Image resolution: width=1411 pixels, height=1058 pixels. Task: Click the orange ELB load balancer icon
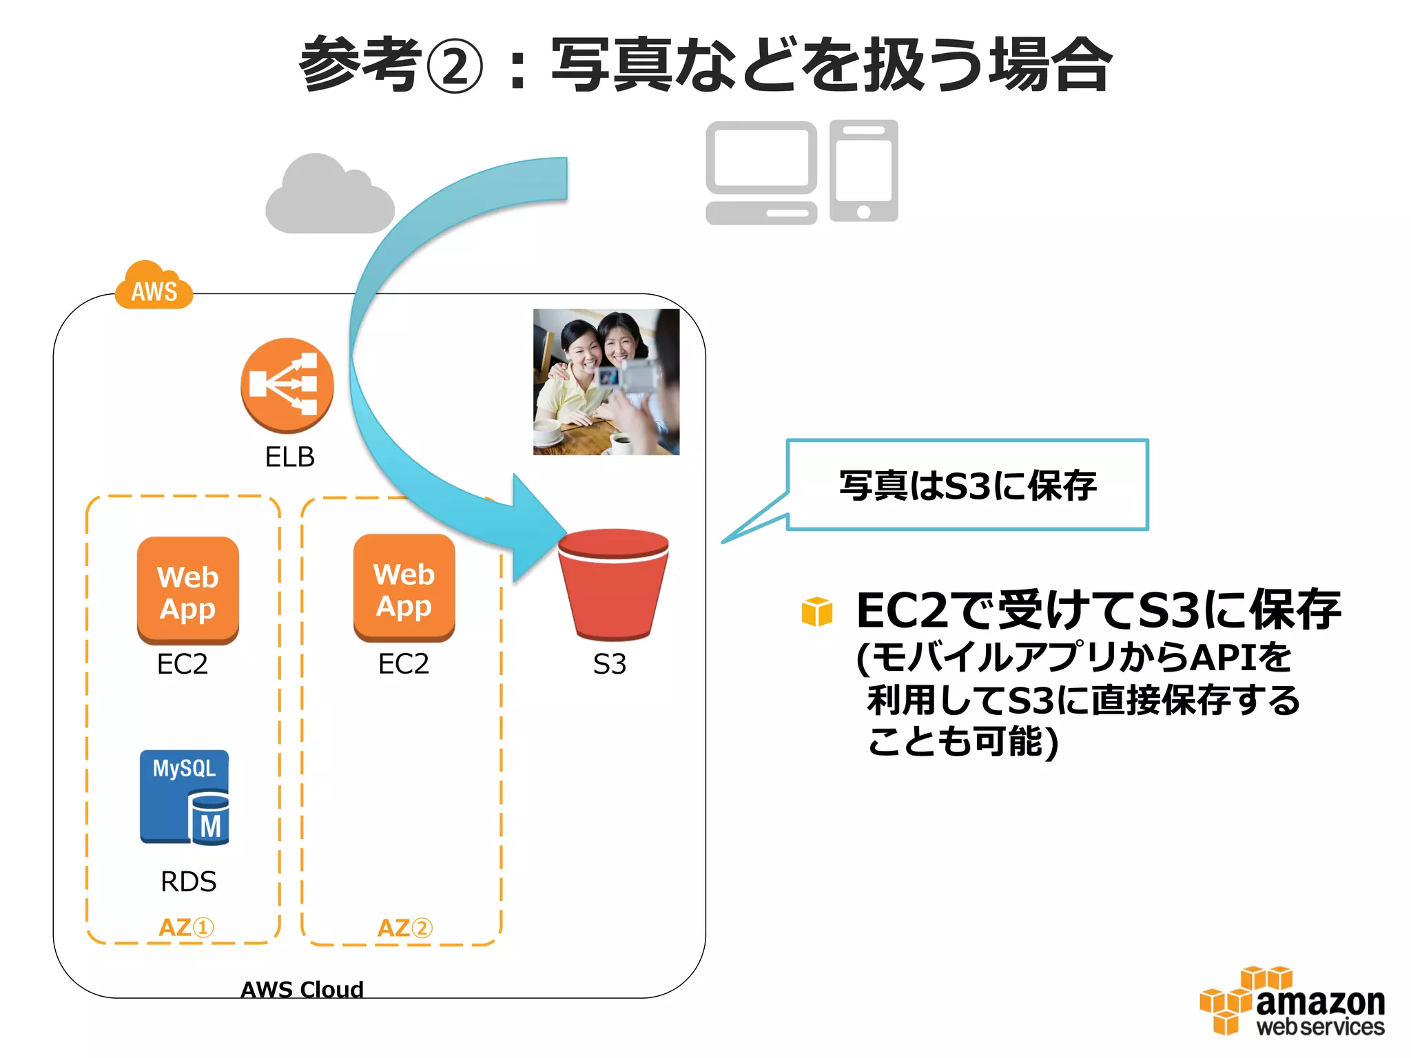287,384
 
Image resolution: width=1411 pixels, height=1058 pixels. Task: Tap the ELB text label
289,457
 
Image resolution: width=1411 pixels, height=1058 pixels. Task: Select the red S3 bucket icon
612,583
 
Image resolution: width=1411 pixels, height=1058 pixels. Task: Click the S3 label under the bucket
610,664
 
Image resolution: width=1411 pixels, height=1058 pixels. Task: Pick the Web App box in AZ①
187,591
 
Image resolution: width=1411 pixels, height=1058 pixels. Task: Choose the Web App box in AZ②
404,588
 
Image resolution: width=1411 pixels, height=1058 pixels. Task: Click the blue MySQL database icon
185,797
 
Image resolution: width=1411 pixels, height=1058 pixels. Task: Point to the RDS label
188,882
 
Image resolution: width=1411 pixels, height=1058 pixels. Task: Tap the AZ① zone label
186,928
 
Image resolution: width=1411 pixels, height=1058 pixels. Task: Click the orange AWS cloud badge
154,288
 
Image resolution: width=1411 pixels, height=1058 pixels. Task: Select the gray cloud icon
329,196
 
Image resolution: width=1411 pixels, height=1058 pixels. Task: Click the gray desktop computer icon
761,172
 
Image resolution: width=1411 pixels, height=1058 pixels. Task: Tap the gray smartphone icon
863,171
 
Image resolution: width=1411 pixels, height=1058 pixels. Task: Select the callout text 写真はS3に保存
967,486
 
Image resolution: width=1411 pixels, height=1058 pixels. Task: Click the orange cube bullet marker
817,612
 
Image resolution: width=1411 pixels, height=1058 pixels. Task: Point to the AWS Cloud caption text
302,990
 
